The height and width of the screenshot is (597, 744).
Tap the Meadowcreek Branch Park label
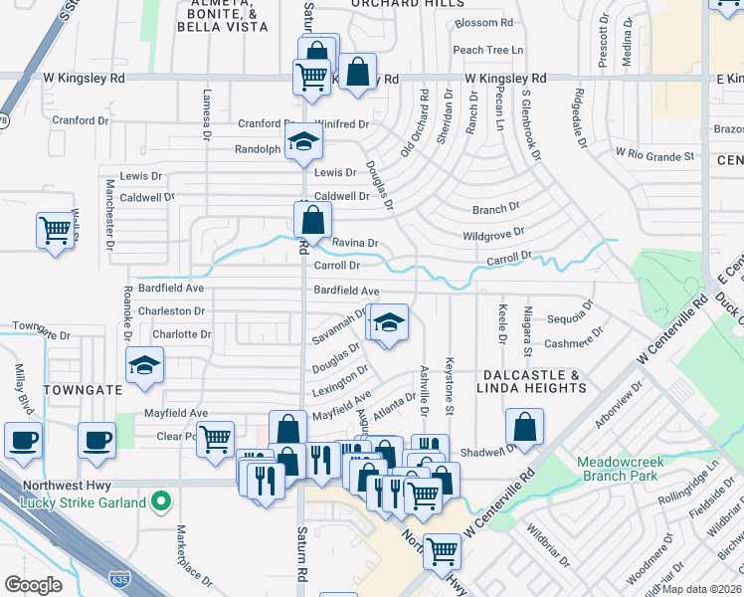click(618, 469)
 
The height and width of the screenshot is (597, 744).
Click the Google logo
click(33, 584)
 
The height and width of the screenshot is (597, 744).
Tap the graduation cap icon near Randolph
click(303, 141)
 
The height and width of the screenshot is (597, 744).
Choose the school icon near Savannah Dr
click(388, 322)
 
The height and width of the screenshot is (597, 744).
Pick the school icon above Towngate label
click(145, 365)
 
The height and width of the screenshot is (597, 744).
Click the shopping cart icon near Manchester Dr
click(56, 230)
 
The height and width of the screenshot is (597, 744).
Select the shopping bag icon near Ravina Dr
click(312, 219)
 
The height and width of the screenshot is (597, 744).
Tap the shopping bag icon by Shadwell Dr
click(524, 427)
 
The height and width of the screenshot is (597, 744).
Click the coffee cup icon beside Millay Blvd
click(23, 439)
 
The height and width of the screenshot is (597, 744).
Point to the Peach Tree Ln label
click(487, 50)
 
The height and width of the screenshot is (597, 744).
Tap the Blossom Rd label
click(483, 23)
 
